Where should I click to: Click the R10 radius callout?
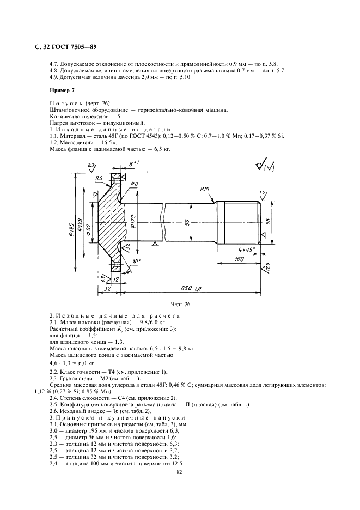[205, 190]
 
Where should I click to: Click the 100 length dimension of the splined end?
[238, 260]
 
